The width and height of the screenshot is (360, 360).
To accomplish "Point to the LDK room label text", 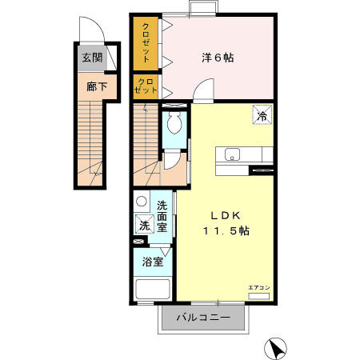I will coord(226,214).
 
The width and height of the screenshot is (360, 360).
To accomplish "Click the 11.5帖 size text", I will coord(226,230).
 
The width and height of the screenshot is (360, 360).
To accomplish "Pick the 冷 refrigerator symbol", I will coord(262,115).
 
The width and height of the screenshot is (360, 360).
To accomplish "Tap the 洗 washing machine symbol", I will coord(144,226).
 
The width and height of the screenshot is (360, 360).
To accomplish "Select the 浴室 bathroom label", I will coord(153,261).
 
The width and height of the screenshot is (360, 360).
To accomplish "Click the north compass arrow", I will coord(276,349).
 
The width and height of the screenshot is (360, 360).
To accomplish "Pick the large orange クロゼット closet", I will coord(146,44).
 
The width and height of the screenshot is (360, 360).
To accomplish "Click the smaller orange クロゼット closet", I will coord(146,86).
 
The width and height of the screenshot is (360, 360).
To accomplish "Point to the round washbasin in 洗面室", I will coord(142,202).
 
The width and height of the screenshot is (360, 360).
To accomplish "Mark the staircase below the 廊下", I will coord(93,140).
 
